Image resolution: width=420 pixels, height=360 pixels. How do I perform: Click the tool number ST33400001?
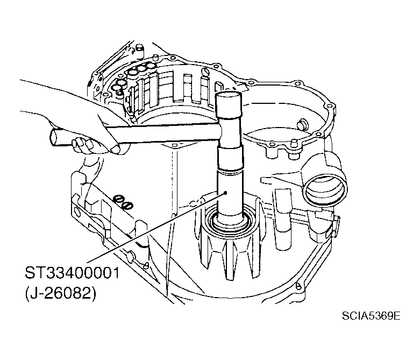point(72,273)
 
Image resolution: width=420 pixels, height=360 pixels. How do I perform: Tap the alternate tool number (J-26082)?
point(61,293)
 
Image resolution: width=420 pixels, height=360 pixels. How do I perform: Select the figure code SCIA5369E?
point(371,316)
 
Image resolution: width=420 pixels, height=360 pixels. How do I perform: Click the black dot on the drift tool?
point(226,192)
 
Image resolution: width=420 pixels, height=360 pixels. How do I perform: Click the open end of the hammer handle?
point(55,137)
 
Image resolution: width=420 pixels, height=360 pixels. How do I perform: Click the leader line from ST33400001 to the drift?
point(157,227)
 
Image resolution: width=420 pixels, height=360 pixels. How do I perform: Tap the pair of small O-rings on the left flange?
point(123,202)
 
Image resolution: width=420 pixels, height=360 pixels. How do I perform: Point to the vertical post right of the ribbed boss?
point(282,219)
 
